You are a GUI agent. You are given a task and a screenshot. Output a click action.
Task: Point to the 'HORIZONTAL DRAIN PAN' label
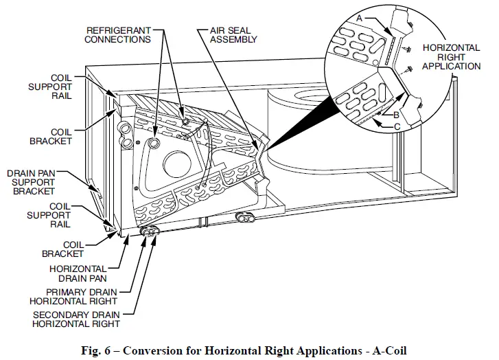pos(78,273)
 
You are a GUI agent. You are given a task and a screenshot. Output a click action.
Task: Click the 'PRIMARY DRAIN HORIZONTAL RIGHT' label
pos(73,295)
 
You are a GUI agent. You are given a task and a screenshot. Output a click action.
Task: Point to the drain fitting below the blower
pos(245,218)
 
